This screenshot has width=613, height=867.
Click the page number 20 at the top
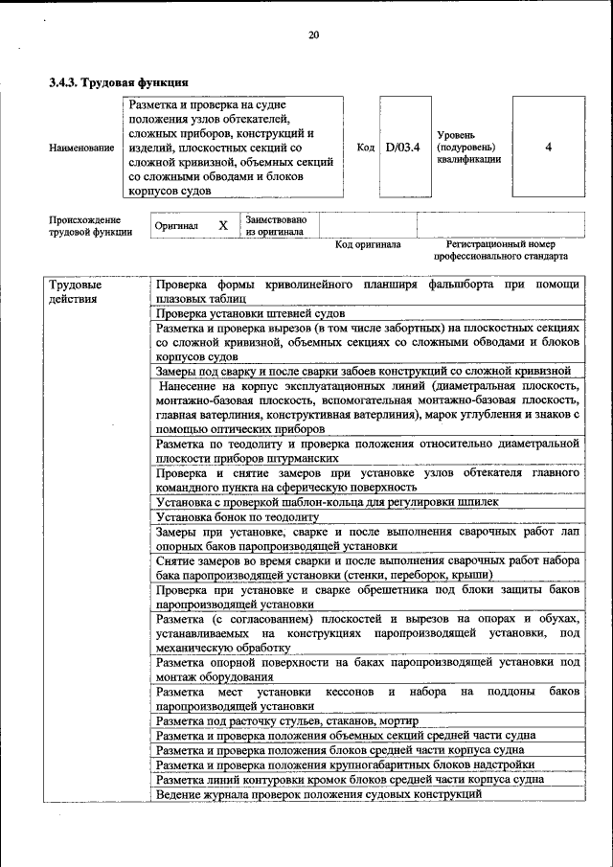tap(313, 35)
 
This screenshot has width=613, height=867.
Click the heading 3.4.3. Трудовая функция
tap(118, 82)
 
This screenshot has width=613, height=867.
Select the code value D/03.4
tap(403, 148)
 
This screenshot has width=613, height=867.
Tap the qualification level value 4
tap(548, 148)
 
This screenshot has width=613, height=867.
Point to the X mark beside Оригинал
tap(223, 226)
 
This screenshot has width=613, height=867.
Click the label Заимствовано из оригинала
tap(276, 225)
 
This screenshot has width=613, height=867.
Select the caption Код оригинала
tap(368, 245)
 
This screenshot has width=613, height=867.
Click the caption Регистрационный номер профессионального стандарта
tap(493, 251)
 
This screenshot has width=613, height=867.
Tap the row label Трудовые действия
tap(76, 291)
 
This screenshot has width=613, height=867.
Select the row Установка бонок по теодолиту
tap(237, 516)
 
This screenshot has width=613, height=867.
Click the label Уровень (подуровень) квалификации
tap(468, 148)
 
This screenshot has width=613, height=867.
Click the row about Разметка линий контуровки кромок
tap(350, 780)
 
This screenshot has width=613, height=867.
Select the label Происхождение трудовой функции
tap(90, 226)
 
